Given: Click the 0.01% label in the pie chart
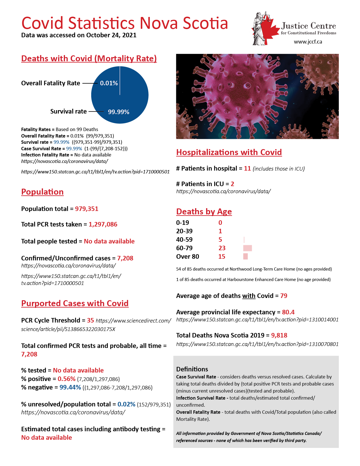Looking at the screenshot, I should click(x=109, y=83).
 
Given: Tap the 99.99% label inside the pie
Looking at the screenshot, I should click(x=119, y=112).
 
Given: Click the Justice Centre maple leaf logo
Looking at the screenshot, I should click(x=263, y=29).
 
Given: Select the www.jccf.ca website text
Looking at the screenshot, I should click(x=308, y=42).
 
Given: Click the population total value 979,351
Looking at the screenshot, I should click(x=87, y=209).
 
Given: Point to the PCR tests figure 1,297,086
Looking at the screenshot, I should click(x=103, y=225).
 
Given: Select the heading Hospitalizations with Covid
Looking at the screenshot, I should click(x=229, y=152).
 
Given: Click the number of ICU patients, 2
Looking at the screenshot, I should click(x=232, y=184).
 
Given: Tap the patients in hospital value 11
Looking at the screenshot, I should click(x=247, y=169).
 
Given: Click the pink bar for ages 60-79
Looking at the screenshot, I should click(x=248, y=248).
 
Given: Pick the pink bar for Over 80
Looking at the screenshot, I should click(x=246, y=256).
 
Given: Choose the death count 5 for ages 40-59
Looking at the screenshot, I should click(x=220, y=240).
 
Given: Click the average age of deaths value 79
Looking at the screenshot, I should click(x=284, y=296).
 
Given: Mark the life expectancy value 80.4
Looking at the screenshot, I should click(x=288, y=312).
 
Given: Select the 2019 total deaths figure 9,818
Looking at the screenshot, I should click(x=279, y=336).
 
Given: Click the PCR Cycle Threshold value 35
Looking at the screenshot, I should click(x=90, y=321).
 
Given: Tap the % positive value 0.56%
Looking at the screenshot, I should click(x=67, y=379).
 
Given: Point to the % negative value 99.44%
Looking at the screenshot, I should click(x=70, y=387).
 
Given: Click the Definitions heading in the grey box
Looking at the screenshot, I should click(x=192, y=369).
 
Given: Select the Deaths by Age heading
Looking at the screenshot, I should click(x=204, y=212).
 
